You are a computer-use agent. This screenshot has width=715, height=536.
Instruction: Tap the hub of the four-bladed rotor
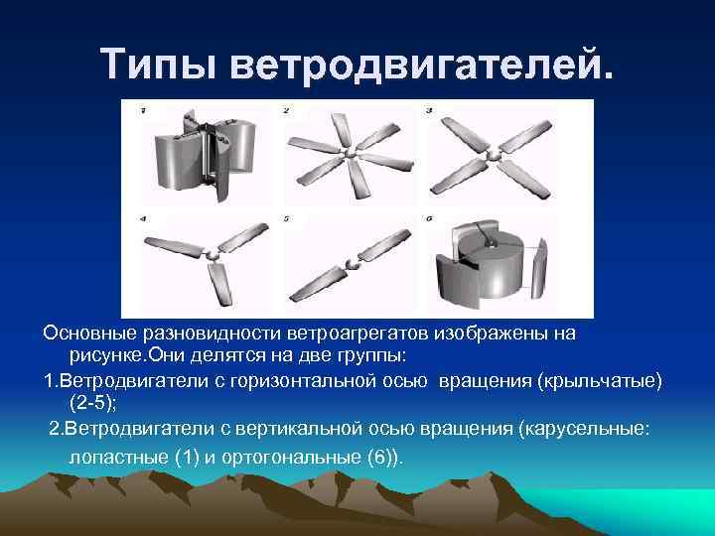[495, 155]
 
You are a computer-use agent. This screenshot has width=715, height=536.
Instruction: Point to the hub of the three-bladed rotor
[212, 259]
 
